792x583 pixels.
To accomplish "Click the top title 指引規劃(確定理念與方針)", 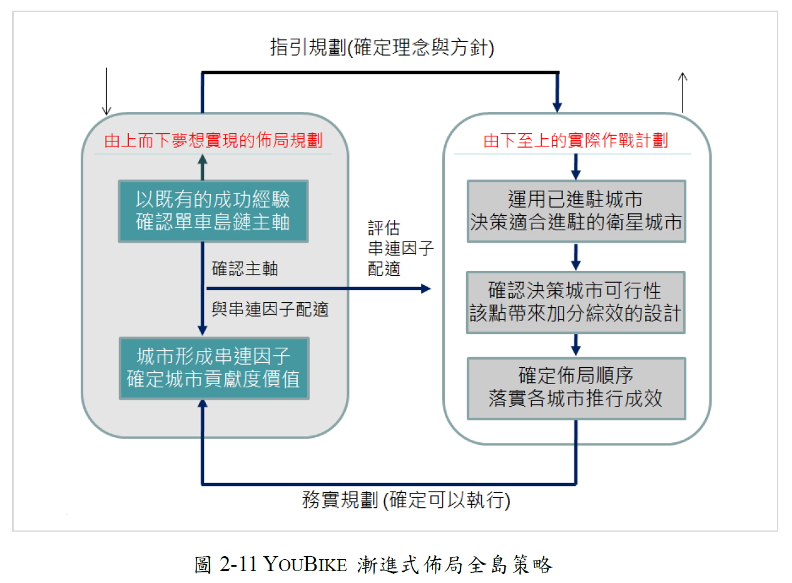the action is point(382,48).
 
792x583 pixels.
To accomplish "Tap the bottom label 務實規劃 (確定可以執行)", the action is point(406,500).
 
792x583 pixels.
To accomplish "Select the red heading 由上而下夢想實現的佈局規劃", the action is point(213,140).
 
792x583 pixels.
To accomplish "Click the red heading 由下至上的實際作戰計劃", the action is point(576,140).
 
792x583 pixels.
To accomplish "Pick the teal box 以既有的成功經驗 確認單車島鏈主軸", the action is point(213,211).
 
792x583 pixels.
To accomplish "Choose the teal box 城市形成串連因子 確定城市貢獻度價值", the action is point(214,368).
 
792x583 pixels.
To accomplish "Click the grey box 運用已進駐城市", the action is point(576,211).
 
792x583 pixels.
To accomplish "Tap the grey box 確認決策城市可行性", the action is point(576,302).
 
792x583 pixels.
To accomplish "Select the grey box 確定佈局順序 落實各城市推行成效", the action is point(576,389).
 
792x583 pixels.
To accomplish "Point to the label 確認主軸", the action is point(245,268).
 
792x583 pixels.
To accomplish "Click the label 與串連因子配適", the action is point(270,310).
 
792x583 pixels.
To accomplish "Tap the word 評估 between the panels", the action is point(384,228).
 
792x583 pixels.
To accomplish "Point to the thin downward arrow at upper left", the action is point(106,91).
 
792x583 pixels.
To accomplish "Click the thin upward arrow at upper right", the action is point(683,93).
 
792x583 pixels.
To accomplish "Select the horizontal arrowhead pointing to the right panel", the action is point(425,289).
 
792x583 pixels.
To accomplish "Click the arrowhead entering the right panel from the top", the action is point(557,108).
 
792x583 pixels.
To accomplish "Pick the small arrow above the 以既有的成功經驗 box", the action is point(202,167).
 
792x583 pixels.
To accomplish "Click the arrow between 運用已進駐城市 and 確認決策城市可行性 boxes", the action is point(576,257).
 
